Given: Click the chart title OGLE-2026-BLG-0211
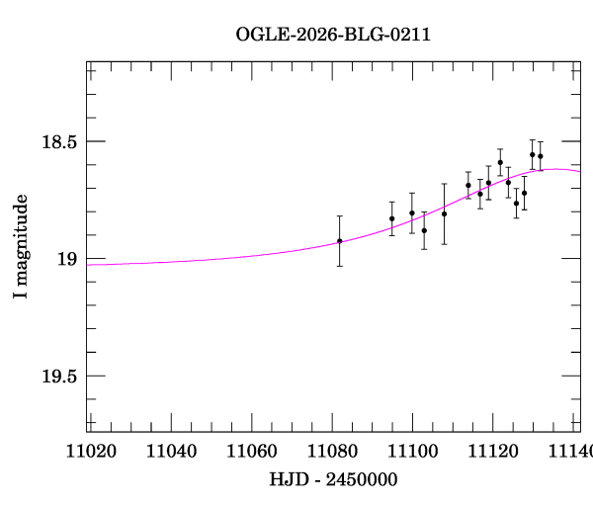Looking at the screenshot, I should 333,35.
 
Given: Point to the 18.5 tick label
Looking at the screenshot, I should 58,142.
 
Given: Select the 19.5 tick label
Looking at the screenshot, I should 58,377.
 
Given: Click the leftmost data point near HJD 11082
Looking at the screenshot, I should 340,241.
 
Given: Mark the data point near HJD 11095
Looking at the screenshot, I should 392,218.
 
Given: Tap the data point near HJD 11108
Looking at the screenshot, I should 445,213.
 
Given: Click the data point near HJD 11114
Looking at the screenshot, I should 468,185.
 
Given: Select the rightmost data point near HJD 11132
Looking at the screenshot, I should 541,156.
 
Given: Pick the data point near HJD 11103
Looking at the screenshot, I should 424,230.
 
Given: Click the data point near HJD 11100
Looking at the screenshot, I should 412,212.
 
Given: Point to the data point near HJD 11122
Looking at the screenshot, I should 500,162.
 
